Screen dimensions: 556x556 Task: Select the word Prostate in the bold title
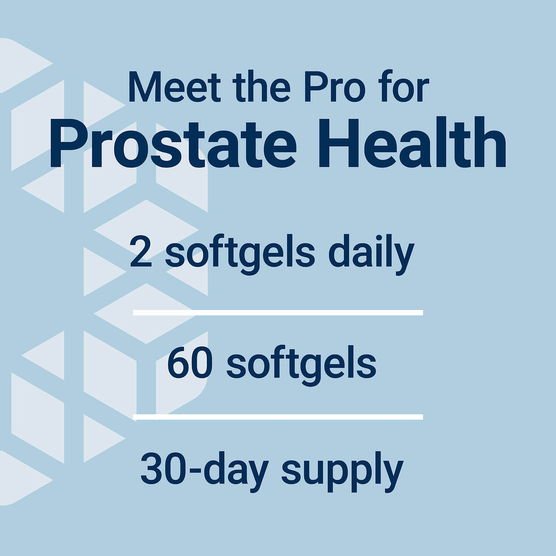pos(173,145)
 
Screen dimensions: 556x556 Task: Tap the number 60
pos(190,364)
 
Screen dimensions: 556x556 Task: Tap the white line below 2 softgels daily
pos(278,312)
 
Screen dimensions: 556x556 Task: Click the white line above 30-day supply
pos(278,416)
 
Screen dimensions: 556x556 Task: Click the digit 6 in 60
pos(179,364)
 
